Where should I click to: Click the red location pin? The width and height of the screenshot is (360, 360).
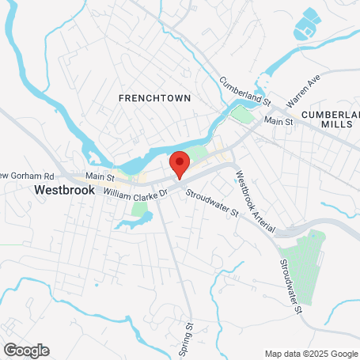[x=180, y=165]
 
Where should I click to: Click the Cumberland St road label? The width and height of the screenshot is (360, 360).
[x=245, y=91]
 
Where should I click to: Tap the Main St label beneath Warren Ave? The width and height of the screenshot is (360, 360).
[x=279, y=121]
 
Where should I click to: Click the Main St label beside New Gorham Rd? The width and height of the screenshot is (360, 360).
[x=100, y=176]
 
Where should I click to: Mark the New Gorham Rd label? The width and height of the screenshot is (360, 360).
[x=26, y=175]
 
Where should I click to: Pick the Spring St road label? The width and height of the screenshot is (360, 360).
[x=189, y=336]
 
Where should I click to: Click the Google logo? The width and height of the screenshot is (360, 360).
[x=26, y=350]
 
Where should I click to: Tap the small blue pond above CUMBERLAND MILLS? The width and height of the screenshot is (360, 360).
[x=305, y=26]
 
